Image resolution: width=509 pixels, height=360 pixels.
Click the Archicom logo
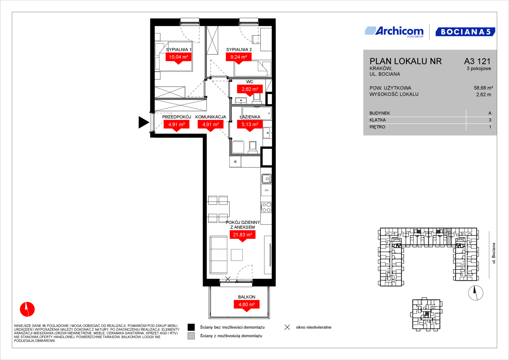[x=394, y=32]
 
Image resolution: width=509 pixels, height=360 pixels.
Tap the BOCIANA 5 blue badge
[x=465, y=32]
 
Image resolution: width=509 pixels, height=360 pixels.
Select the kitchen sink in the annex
[x=266, y=179]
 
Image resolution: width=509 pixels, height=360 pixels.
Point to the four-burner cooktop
[x=266, y=207]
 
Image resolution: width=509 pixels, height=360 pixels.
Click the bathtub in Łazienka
[x=257, y=113]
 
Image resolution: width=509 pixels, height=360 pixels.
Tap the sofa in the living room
[x=219, y=255]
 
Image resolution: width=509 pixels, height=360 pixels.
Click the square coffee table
[x=237, y=255]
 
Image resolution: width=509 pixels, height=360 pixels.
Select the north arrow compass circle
[x=476, y=293]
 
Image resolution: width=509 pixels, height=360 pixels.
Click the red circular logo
[x=27, y=309]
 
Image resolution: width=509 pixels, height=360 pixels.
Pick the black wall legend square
[x=191, y=327]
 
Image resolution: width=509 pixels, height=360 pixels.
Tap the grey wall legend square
[x=191, y=336]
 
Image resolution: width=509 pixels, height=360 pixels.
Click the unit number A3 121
[x=477, y=61]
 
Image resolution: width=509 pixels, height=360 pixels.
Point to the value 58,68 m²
[x=483, y=88]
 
